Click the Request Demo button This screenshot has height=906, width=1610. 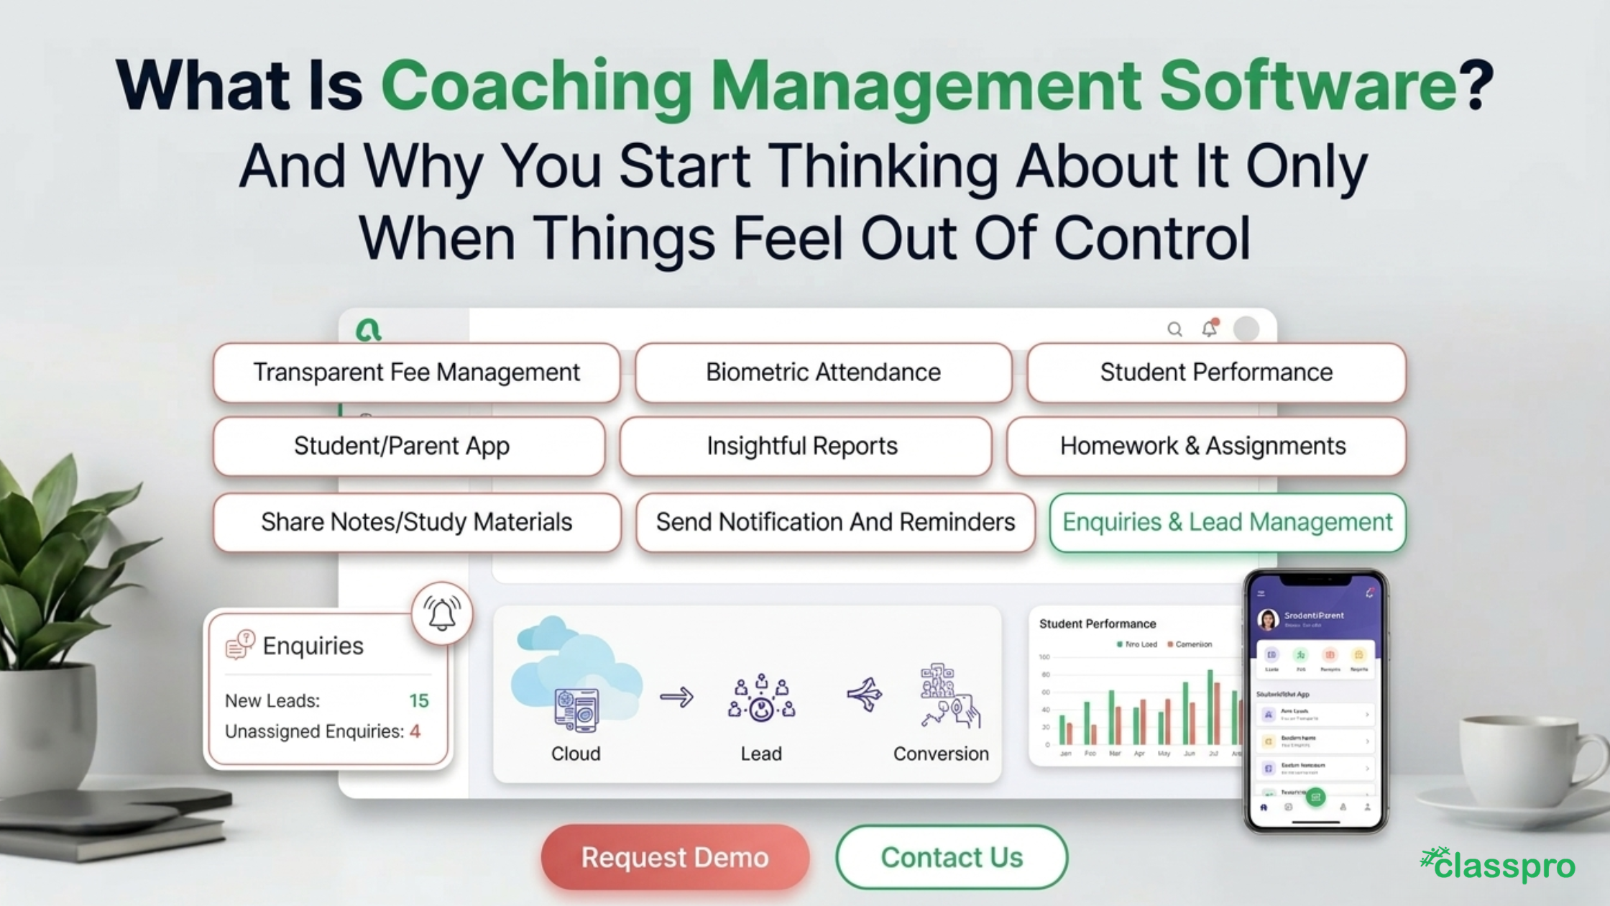coord(675,857)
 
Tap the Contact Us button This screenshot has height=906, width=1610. coord(952,857)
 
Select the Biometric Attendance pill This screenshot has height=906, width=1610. coord(823,372)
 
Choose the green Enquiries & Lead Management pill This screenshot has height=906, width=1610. coord(1227,522)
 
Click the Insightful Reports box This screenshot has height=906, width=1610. coord(802,446)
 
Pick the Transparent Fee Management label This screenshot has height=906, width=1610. coord(416,372)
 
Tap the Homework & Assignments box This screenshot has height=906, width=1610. coord(1202,446)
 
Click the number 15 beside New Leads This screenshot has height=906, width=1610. coord(418,701)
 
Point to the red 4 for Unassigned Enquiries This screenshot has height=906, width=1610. coord(415,731)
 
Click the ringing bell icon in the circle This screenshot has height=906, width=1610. coord(442,613)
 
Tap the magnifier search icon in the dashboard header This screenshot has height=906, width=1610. coord(1174,329)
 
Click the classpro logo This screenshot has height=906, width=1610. coord(1498,865)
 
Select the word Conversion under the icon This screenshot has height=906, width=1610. coord(940,754)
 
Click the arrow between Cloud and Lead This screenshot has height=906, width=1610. coord(676,697)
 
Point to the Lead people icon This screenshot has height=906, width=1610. coord(761,697)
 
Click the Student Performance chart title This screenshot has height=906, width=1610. coord(1097,624)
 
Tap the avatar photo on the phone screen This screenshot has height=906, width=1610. coord(1268,619)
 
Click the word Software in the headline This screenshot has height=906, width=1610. coord(1307,86)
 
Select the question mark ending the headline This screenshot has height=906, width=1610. coord(1479,86)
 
